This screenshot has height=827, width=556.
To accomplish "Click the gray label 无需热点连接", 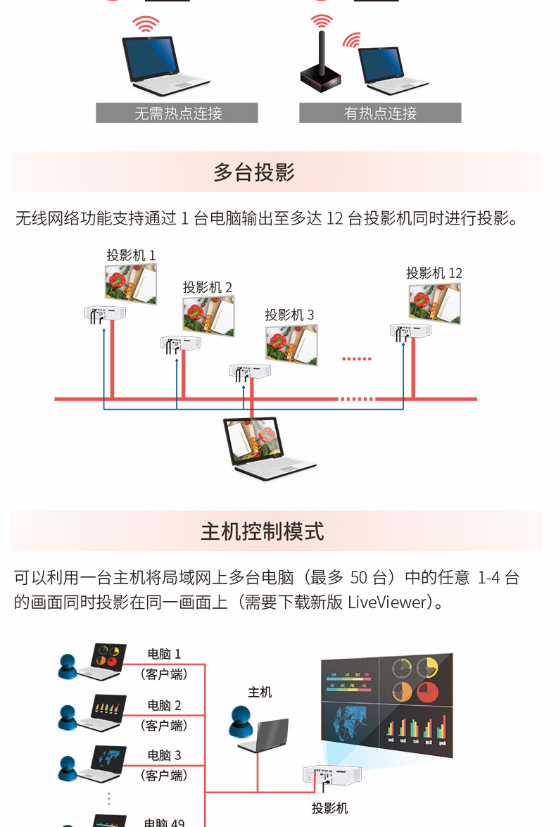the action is tap(177, 113).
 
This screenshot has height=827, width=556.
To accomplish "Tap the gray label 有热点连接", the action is tap(380, 113).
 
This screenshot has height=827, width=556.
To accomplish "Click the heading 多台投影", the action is tap(254, 172).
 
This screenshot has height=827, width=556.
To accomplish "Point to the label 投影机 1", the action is tap(132, 255).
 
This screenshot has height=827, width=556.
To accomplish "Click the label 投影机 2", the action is tap(208, 287).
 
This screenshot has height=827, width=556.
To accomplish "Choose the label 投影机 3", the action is tap(289, 315).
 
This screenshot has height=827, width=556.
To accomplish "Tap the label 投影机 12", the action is tap(434, 273).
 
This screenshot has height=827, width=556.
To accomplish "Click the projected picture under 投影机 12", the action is tap(435, 303).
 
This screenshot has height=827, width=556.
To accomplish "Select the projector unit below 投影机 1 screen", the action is tap(105, 313).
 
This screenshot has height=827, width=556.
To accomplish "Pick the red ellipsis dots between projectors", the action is tap(357, 359).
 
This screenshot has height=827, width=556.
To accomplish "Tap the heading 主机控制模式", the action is tap(263, 531).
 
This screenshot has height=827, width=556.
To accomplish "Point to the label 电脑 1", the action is tap(164, 654).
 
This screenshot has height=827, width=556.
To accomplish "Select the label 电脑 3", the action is tap(164, 755).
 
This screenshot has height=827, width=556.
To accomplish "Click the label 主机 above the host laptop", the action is tap(260, 692).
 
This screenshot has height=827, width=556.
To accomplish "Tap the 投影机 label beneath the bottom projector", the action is tap(329, 808).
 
